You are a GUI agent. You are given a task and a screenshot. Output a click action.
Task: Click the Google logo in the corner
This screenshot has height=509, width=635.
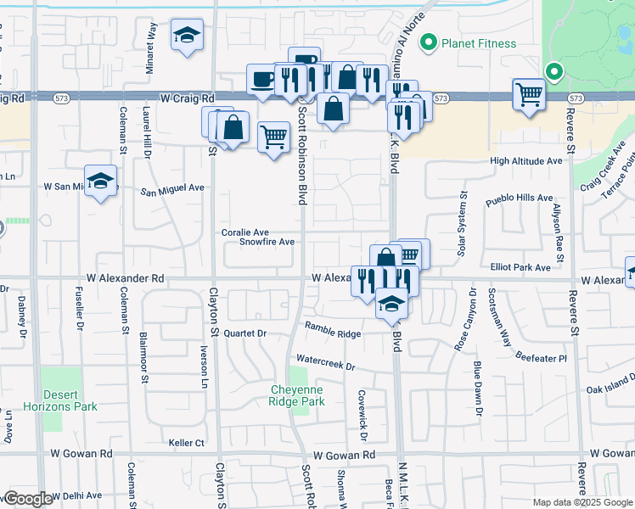click(28, 499)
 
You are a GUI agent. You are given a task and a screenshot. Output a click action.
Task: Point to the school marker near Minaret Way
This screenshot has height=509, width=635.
click(187, 35)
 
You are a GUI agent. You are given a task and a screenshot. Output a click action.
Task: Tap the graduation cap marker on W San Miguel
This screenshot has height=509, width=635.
click(101, 181)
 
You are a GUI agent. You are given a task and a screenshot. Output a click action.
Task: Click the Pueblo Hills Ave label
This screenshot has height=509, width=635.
click(519, 198)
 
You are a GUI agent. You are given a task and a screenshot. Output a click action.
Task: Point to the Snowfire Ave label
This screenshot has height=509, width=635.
click(266, 242)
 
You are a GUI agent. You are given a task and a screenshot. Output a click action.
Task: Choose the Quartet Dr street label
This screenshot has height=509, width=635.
click(244, 333)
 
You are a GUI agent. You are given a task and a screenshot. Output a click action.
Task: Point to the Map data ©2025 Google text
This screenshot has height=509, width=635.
click(582, 502)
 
